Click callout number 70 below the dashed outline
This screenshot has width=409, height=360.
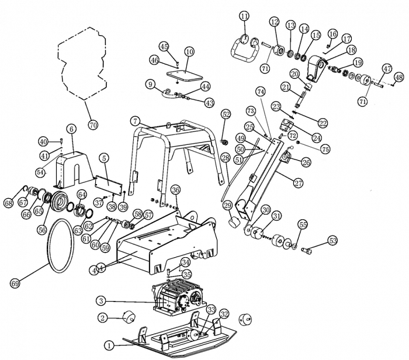coord(92,125)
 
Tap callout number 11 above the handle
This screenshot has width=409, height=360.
coord(244,16)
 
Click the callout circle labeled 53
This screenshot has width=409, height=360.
coord(332,240)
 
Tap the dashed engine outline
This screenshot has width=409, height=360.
coord(82,64)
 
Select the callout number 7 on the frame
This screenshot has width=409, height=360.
coord(135,120)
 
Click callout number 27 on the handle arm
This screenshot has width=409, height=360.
coord(299,183)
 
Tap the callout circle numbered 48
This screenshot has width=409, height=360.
coord(399,77)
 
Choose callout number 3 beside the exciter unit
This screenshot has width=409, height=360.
coord(101,301)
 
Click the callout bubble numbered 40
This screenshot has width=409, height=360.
coord(43,141)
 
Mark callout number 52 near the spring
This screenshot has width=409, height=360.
coord(226,115)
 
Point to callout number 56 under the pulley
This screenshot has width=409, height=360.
coord(41,230)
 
